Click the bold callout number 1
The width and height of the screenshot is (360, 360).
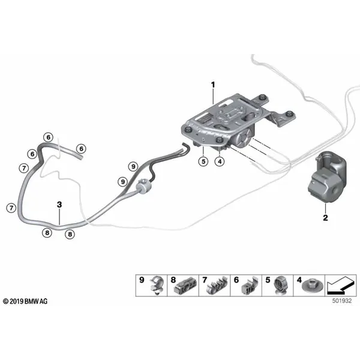tap(213, 85)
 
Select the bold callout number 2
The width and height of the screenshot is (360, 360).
tap(325, 218)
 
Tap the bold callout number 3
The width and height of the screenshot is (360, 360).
tap(59, 205)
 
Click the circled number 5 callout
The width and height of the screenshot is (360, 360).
tap(203, 161)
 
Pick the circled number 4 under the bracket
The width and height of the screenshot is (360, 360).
tap(220, 161)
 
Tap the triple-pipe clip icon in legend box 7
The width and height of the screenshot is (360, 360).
tap(216, 286)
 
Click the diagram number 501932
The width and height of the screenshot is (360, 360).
tap(342, 301)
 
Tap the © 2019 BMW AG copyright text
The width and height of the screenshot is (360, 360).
tap(25, 301)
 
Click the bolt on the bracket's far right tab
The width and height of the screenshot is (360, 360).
tap(290, 113)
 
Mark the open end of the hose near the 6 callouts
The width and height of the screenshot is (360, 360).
tap(80, 157)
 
